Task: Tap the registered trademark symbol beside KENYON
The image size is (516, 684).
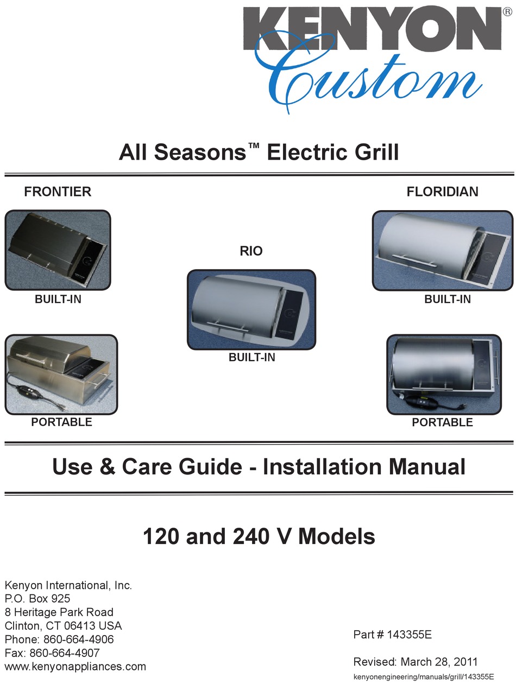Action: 507,11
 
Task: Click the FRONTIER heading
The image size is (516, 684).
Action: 58,192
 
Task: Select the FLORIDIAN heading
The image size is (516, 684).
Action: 443,192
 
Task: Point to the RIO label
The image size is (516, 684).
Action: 251,251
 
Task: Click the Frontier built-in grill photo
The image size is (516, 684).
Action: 58,250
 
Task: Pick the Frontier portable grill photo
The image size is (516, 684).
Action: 61,375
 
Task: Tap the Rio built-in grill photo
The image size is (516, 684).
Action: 251,310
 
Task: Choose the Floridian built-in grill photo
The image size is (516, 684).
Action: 443,251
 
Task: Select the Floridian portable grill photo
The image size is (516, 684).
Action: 444,375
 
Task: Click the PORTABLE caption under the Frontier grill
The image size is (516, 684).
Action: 62,422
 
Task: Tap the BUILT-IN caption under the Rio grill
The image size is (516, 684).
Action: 252,357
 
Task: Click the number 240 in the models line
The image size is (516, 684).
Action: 251,537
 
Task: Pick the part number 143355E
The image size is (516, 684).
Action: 410,635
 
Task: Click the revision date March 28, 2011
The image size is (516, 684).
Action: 439,662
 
